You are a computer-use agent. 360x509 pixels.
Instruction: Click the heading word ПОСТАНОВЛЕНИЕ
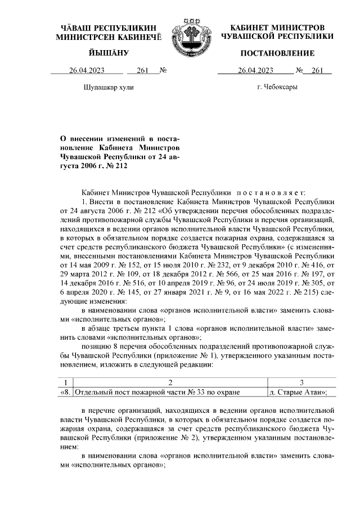pyautogui.click(x=277, y=53)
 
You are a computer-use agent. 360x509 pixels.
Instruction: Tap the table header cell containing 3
pyautogui.click(x=301, y=382)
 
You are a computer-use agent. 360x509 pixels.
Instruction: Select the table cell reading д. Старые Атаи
pyautogui.click(x=298, y=392)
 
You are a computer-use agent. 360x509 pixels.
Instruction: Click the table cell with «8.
pyautogui.click(x=66, y=392)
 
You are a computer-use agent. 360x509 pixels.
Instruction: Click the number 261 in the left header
pyautogui.click(x=142, y=70)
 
